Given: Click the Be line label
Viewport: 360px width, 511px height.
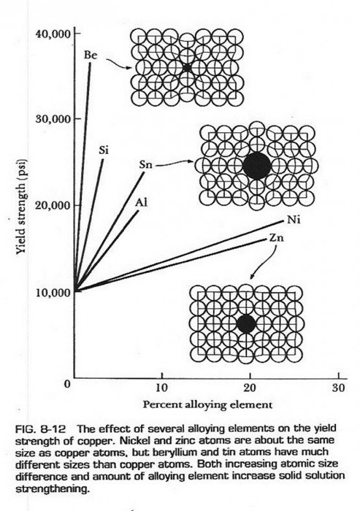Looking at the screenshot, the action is tap(91, 55).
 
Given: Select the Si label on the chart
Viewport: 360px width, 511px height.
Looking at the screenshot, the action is tap(104, 150).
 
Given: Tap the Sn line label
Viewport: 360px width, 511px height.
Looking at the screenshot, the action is tap(145, 165).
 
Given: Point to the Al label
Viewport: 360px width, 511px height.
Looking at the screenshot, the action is tap(142, 202).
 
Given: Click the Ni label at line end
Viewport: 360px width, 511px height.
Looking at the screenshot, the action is tap(294, 220).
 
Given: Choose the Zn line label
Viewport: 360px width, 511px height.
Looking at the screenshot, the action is tap(277, 238).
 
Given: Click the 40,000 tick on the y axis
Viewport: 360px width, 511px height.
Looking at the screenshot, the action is tap(53, 34).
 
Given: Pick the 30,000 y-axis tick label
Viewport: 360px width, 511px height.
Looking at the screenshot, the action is tap(53, 119).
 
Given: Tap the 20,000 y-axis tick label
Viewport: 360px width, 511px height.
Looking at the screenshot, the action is tap(53, 206).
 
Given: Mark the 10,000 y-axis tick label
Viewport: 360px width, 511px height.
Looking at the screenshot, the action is tap(53, 292).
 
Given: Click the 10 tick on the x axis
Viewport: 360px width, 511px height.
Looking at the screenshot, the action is tap(161, 388).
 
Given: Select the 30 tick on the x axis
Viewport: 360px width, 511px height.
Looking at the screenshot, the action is tap(339, 388).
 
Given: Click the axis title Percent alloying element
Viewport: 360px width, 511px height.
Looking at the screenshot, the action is tap(207, 404).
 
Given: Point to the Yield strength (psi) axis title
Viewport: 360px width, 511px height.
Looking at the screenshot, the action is tap(21, 207).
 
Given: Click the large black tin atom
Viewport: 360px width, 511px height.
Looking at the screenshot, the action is tap(257, 166).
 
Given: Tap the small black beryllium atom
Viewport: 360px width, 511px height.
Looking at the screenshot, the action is tap(186, 68).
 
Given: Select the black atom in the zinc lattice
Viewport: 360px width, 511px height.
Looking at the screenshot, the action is tap(246, 324).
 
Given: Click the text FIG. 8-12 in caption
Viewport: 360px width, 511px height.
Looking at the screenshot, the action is tap(40, 429).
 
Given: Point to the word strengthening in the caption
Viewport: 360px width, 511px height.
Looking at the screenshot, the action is tap(52, 488).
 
